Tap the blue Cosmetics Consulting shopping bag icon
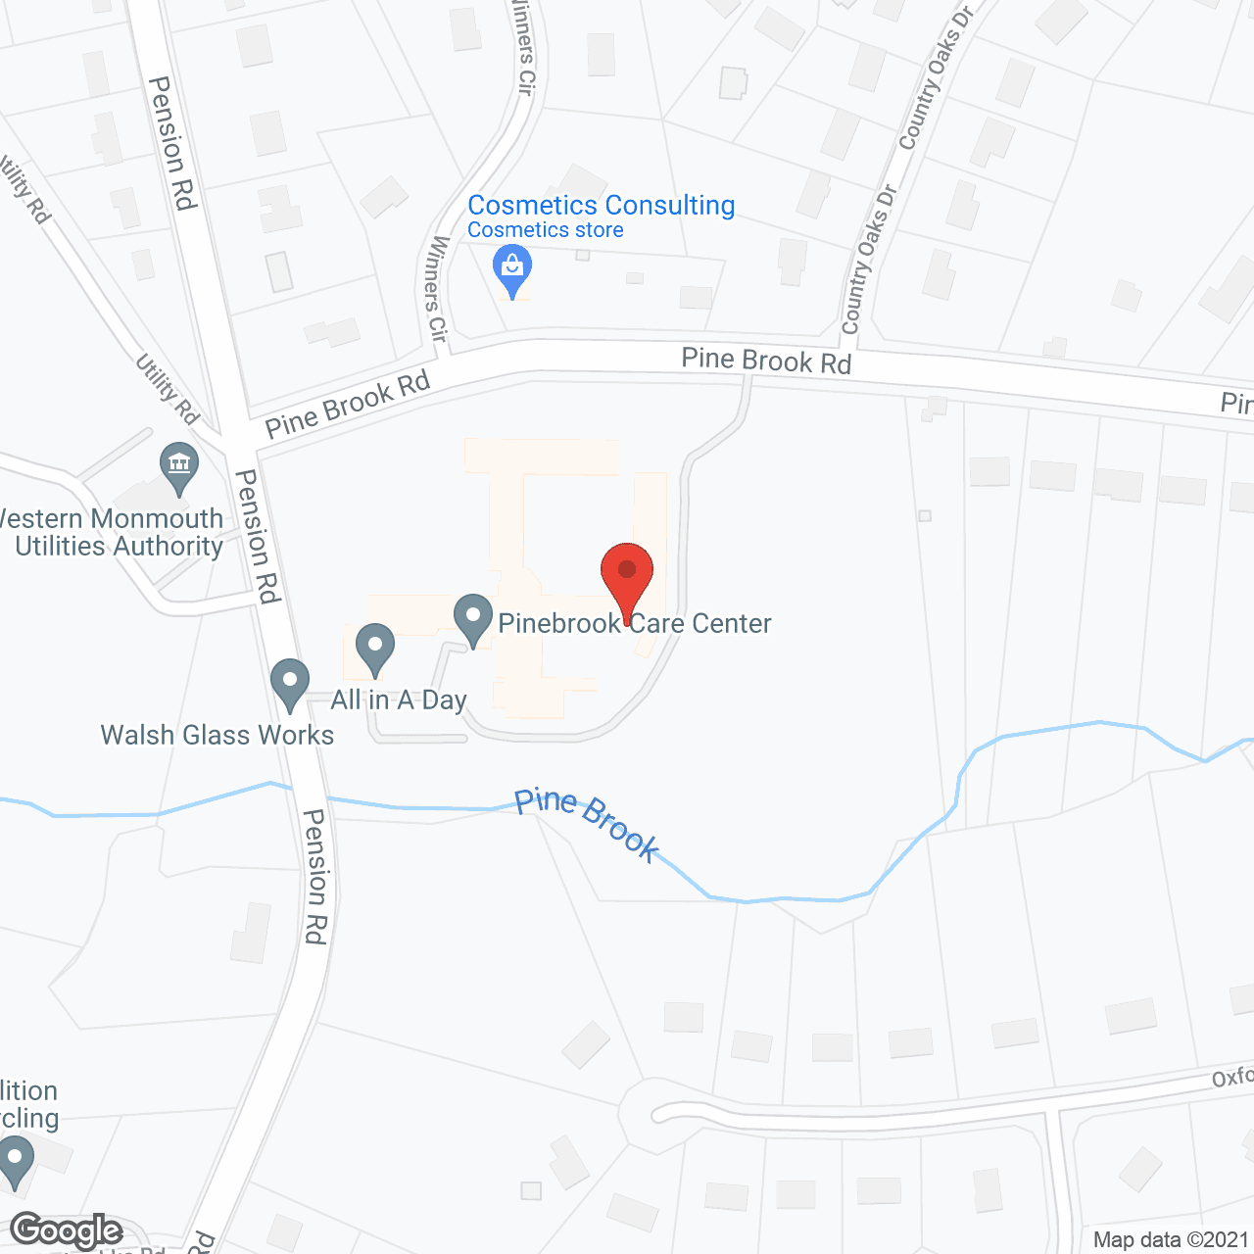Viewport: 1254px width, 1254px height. pos(511,268)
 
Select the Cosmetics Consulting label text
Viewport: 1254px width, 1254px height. pos(601,206)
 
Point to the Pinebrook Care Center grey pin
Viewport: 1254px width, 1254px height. pos(473,619)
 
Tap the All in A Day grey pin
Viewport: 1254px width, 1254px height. pos(374,649)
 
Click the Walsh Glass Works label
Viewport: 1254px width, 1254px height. pos(217,735)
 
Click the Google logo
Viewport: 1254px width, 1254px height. pos(67,1230)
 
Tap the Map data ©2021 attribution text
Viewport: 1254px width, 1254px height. pos(1171,1240)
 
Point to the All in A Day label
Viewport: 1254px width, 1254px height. pos(399,699)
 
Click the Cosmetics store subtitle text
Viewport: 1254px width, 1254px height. pos(546,230)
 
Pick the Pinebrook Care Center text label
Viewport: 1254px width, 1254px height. pos(635,623)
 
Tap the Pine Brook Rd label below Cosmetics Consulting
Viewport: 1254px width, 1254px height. pos(766,361)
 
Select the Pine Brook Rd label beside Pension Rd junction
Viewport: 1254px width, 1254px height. pos(348,404)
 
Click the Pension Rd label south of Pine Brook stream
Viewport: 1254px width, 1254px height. pos(314,876)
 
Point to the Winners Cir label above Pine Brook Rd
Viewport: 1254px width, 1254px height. pos(437,289)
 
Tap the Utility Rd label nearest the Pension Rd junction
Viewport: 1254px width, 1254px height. pos(167,388)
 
